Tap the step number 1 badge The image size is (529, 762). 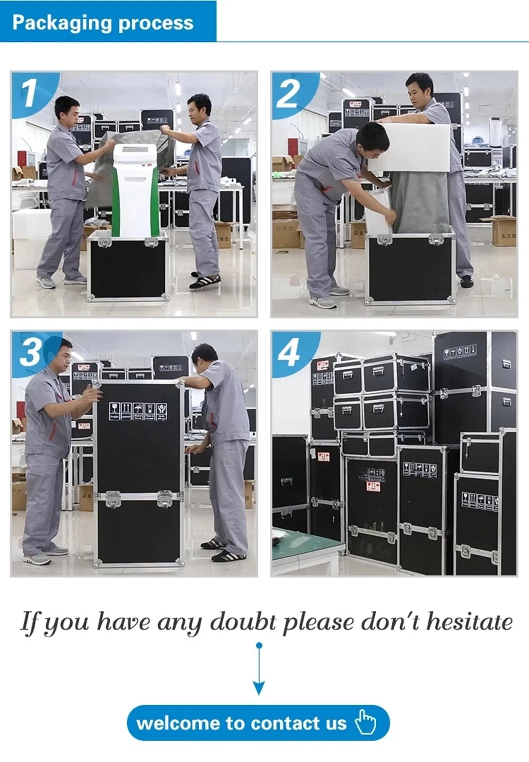(29, 93)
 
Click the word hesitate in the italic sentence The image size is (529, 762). (469, 622)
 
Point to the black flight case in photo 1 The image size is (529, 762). (127, 269)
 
